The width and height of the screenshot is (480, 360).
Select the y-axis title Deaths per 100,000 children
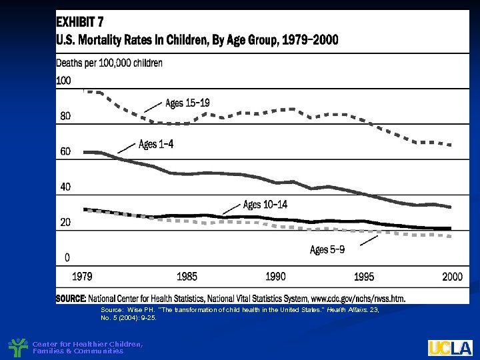pos(109,63)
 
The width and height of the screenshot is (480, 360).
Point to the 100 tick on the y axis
pos(64,81)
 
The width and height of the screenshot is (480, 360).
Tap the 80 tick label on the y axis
pos(65,116)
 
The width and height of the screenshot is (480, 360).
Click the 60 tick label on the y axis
pos(65,151)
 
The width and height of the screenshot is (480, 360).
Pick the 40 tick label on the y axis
pos(65,187)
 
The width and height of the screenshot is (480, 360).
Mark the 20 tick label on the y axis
pos(65,223)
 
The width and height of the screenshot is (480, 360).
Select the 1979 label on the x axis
pos(83,276)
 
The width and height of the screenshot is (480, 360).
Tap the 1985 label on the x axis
pos(187,276)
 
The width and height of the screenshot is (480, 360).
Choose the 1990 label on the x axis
pos(275,276)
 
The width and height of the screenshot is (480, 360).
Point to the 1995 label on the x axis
pos(364,276)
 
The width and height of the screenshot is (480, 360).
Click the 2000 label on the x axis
pos(452,276)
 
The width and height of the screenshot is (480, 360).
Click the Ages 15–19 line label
pos(187,103)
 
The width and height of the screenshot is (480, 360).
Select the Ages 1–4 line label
pos(156,144)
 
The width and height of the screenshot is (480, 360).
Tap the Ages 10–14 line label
pos(265,204)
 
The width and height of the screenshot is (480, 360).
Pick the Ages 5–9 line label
pos(327,250)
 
